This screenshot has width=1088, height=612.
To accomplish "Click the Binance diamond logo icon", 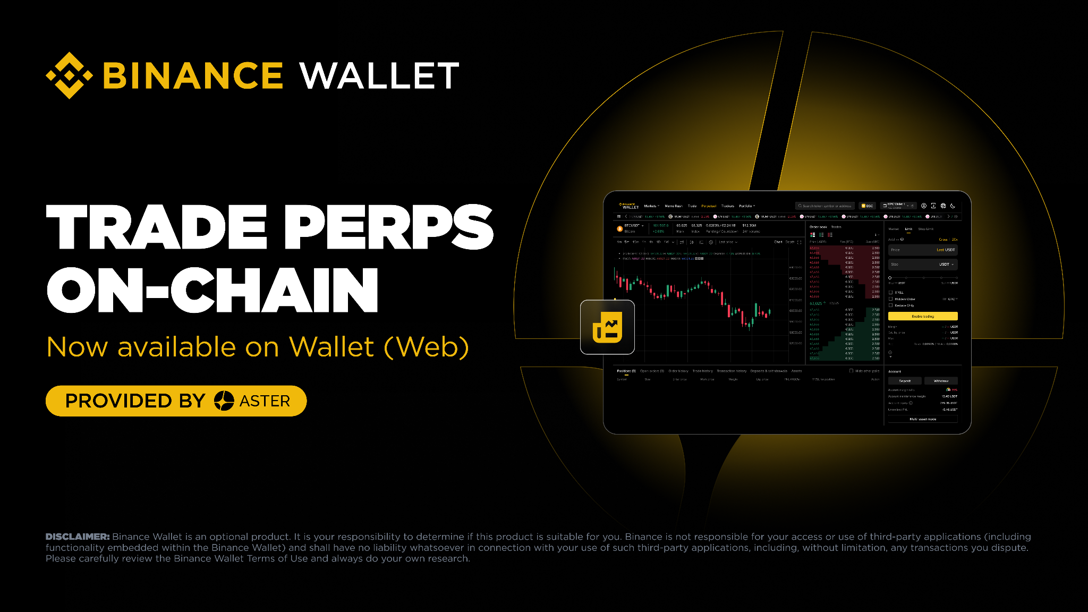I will click(70, 75).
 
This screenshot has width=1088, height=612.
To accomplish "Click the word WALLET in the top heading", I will click(379, 75).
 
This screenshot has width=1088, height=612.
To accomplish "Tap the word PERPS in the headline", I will click(389, 227).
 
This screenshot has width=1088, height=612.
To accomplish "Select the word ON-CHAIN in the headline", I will click(212, 290).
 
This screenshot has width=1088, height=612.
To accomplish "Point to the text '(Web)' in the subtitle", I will click(426, 347).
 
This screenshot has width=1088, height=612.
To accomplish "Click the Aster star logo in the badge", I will click(224, 401).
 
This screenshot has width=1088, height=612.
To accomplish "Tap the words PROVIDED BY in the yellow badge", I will click(135, 401).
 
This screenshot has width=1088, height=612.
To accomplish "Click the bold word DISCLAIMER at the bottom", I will click(78, 537).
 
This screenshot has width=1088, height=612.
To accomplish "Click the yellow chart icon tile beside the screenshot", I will click(607, 327).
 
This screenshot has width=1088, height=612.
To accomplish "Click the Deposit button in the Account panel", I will click(905, 381).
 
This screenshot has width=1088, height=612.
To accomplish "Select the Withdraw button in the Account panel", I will click(941, 381).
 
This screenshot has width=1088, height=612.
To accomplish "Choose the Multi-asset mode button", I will click(923, 419).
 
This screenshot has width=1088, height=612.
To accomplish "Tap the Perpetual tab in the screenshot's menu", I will click(709, 206).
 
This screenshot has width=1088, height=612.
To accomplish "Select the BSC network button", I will click(867, 206).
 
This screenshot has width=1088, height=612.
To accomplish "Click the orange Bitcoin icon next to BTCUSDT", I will click(619, 228).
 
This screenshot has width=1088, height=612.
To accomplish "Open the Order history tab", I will click(678, 371).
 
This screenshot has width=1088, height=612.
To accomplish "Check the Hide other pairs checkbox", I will click(851, 371).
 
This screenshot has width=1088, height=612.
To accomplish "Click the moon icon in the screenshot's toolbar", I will click(953, 206).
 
